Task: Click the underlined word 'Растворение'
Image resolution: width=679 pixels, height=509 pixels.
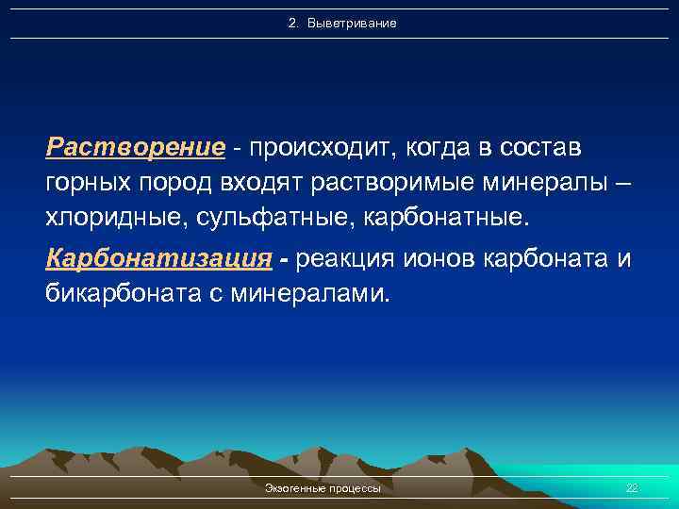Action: click(136, 148)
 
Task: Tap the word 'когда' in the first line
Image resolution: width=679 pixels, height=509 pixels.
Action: click(426, 148)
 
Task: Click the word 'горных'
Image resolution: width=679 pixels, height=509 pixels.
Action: click(91, 183)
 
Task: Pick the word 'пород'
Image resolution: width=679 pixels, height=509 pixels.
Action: click(179, 183)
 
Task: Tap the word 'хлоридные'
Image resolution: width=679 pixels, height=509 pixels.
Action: click(108, 219)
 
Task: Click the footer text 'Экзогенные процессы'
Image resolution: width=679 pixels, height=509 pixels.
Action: click(323, 488)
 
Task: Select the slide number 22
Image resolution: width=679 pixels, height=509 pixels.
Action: click(632, 488)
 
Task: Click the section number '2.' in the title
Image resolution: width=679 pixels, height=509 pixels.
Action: click(293, 23)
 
